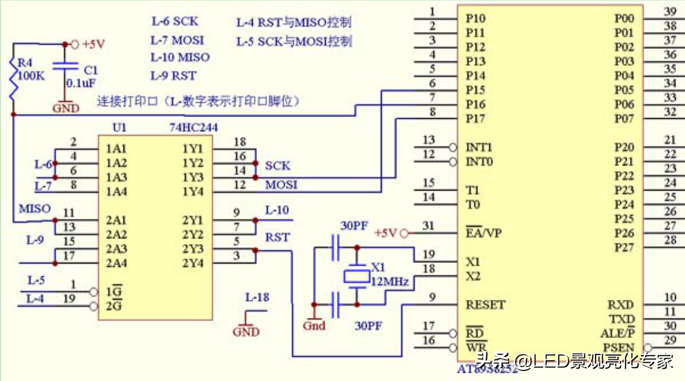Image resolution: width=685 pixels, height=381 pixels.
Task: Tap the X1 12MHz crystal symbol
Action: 356,275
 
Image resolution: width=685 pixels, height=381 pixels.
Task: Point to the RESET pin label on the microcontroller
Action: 485,305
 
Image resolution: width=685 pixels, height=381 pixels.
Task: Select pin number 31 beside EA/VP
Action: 429,226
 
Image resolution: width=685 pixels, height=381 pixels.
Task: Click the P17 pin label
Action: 475,119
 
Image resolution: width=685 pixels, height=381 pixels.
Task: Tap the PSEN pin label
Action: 618,348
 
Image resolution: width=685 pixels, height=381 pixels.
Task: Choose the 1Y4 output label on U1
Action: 193,191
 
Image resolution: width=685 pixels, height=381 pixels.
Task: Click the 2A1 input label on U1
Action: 117,220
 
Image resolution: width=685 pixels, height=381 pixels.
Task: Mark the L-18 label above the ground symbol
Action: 257,298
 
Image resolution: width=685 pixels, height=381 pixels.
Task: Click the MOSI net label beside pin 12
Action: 281,185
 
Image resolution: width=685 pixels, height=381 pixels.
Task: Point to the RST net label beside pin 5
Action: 277,237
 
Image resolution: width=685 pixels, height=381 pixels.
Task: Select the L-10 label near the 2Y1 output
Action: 277,210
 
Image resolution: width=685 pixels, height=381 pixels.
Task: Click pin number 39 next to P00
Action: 670,11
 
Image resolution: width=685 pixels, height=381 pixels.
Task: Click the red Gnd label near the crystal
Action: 314,326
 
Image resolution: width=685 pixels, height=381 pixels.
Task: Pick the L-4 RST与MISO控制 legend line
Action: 294,23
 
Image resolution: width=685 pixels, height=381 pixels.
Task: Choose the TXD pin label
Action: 621,319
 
